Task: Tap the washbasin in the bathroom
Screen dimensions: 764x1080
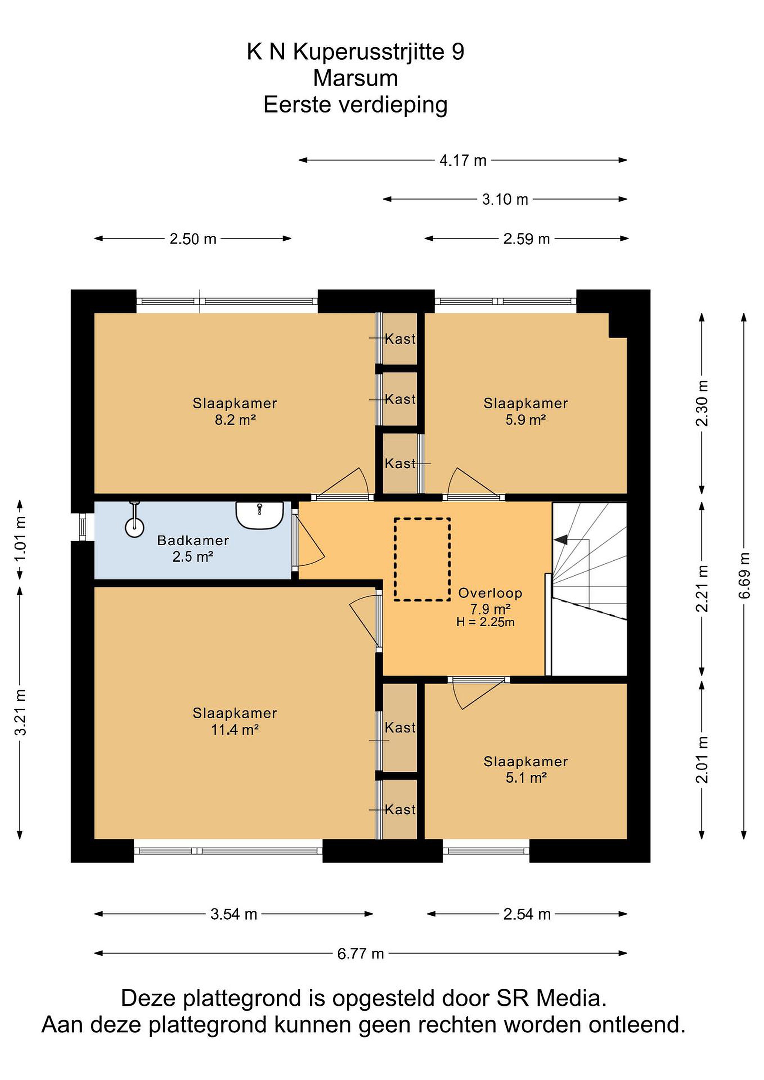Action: (259, 515)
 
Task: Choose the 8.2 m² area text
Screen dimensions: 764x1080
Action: (235, 420)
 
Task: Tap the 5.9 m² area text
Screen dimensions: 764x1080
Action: (525, 420)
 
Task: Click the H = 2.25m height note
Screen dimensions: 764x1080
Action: (485, 622)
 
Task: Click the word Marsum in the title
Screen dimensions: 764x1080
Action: (356, 78)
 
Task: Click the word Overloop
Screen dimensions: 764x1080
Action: (490, 593)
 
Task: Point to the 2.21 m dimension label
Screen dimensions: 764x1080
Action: (702, 588)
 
